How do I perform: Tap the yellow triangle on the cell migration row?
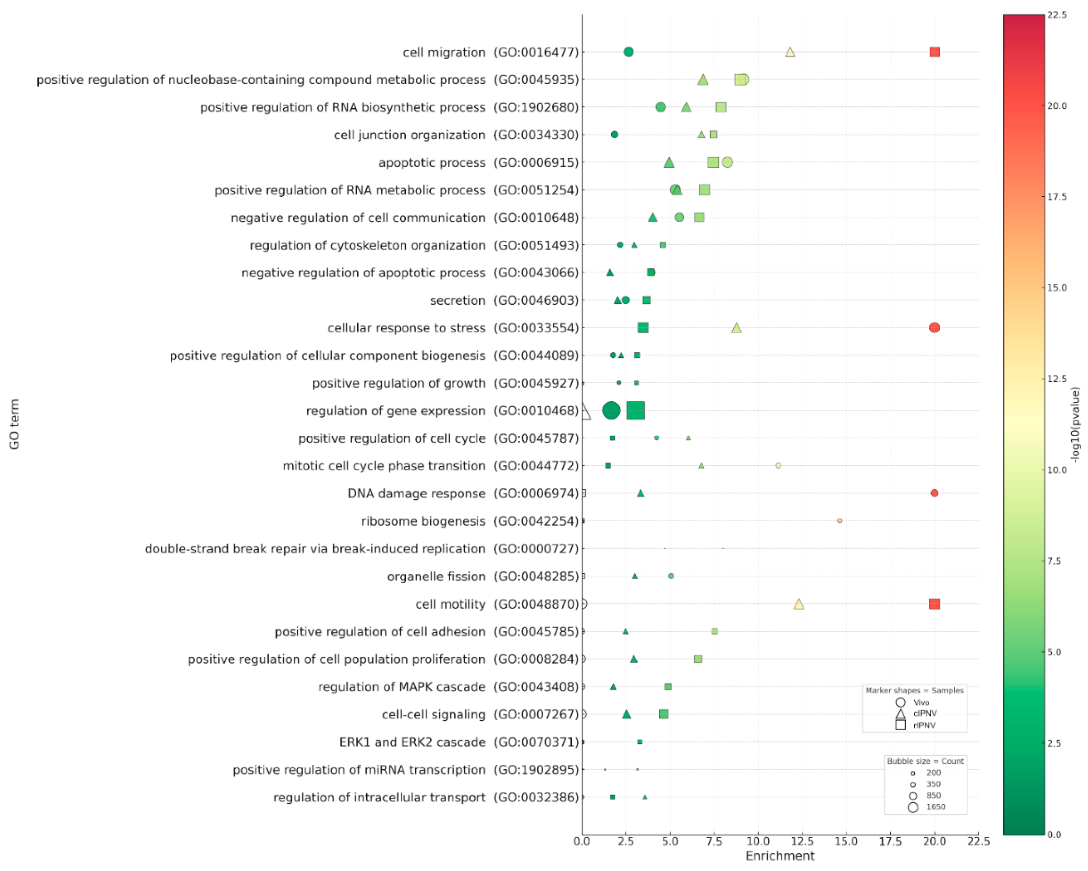(790, 52)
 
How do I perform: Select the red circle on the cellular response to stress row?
(934, 327)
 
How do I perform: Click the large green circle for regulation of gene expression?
(611, 410)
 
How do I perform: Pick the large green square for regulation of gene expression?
(635, 410)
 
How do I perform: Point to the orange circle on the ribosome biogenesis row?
(839, 520)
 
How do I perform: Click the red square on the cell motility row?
(934, 603)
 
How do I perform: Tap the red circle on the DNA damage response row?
(934, 493)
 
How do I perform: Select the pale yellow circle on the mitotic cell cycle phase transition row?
(778, 465)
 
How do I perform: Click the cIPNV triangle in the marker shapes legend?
(900, 714)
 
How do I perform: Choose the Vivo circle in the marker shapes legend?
(900, 702)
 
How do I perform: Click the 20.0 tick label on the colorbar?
(1056, 105)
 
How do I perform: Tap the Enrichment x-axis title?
(780, 856)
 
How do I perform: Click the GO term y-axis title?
(14, 424)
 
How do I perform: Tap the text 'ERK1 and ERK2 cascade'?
(412, 742)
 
